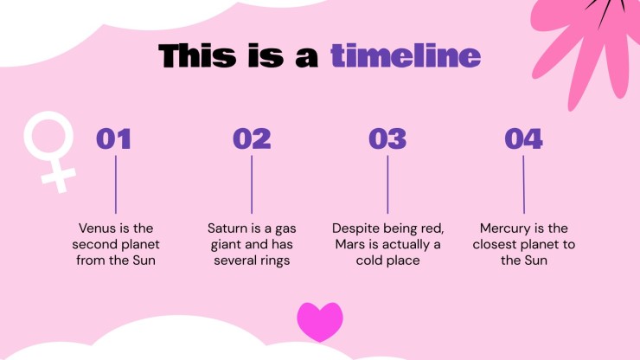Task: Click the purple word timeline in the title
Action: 406,55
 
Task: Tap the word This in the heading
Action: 197,55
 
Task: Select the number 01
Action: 113,138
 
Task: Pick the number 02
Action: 252,138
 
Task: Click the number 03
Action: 387,138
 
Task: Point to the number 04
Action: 523,138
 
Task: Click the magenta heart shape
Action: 320,322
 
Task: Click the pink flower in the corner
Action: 588,45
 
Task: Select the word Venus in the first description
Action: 95,228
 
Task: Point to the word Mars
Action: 349,244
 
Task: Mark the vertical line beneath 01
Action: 116,184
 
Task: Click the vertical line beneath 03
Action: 387,184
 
